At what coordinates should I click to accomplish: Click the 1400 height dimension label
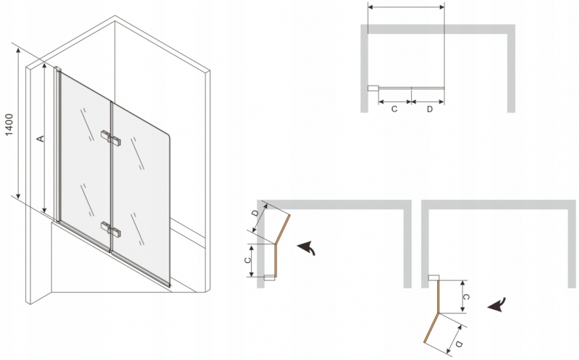pos(9,125)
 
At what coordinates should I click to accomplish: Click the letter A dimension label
pos(41,138)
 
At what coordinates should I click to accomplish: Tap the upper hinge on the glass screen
pos(111,136)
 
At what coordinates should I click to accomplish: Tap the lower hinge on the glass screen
pos(111,228)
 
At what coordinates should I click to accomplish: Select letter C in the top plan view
pos(394,109)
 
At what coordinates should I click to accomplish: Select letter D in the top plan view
pos(429,109)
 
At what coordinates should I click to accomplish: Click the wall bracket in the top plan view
pos(373,88)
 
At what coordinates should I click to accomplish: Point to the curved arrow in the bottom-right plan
pos(496,305)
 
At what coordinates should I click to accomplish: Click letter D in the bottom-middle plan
pos(255,213)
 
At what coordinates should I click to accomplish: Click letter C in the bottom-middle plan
pos(248,260)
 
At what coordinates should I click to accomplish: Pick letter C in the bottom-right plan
pos(466,297)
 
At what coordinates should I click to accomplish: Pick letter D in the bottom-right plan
pos(459,344)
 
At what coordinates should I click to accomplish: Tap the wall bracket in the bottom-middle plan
pos(269,277)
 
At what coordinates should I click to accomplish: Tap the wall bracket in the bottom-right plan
pos(434,278)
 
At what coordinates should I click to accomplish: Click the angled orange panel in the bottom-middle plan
pos(282,229)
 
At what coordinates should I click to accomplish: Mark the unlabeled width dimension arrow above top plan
pos(406,7)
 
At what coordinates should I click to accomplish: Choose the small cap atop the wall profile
pos(58,69)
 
